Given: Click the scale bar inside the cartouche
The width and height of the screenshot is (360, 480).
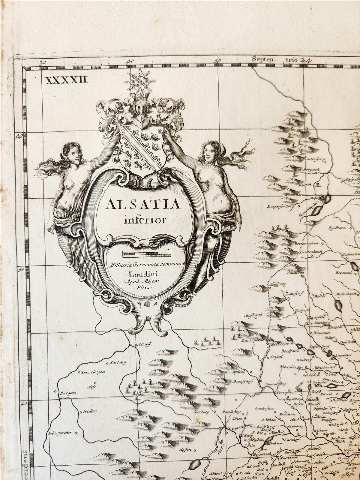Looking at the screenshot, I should coord(146,255).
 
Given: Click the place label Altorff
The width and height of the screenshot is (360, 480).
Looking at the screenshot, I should coord(141,345).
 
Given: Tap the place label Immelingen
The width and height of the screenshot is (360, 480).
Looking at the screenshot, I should coord(93,372).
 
